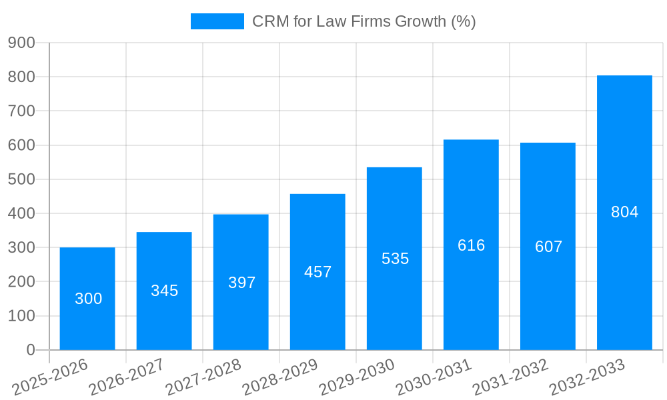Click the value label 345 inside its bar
pyautogui.click(x=164, y=291)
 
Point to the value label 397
pyautogui.click(x=241, y=283)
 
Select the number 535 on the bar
pyautogui.click(x=395, y=259)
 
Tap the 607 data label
pyautogui.click(x=548, y=247)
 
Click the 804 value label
pyautogui.click(x=624, y=212)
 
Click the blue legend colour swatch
pyautogui.click(x=217, y=21)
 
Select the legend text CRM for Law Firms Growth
pyautogui.click(x=364, y=21)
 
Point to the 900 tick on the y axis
pyautogui.click(x=21, y=43)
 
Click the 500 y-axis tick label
pyautogui.click(x=21, y=179)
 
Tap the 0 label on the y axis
pyautogui.click(x=31, y=350)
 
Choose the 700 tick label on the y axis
pyautogui.click(x=21, y=111)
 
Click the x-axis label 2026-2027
pyautogui.click(x=127, y=377)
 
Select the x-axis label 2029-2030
pyautogui.click(x=357, y=377)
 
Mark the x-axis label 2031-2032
pyautogui.click(x=510, y=377)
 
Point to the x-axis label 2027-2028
pyautogui.click(x=203, y=377)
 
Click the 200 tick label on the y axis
pyautogui.click(x=21, y=281)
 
